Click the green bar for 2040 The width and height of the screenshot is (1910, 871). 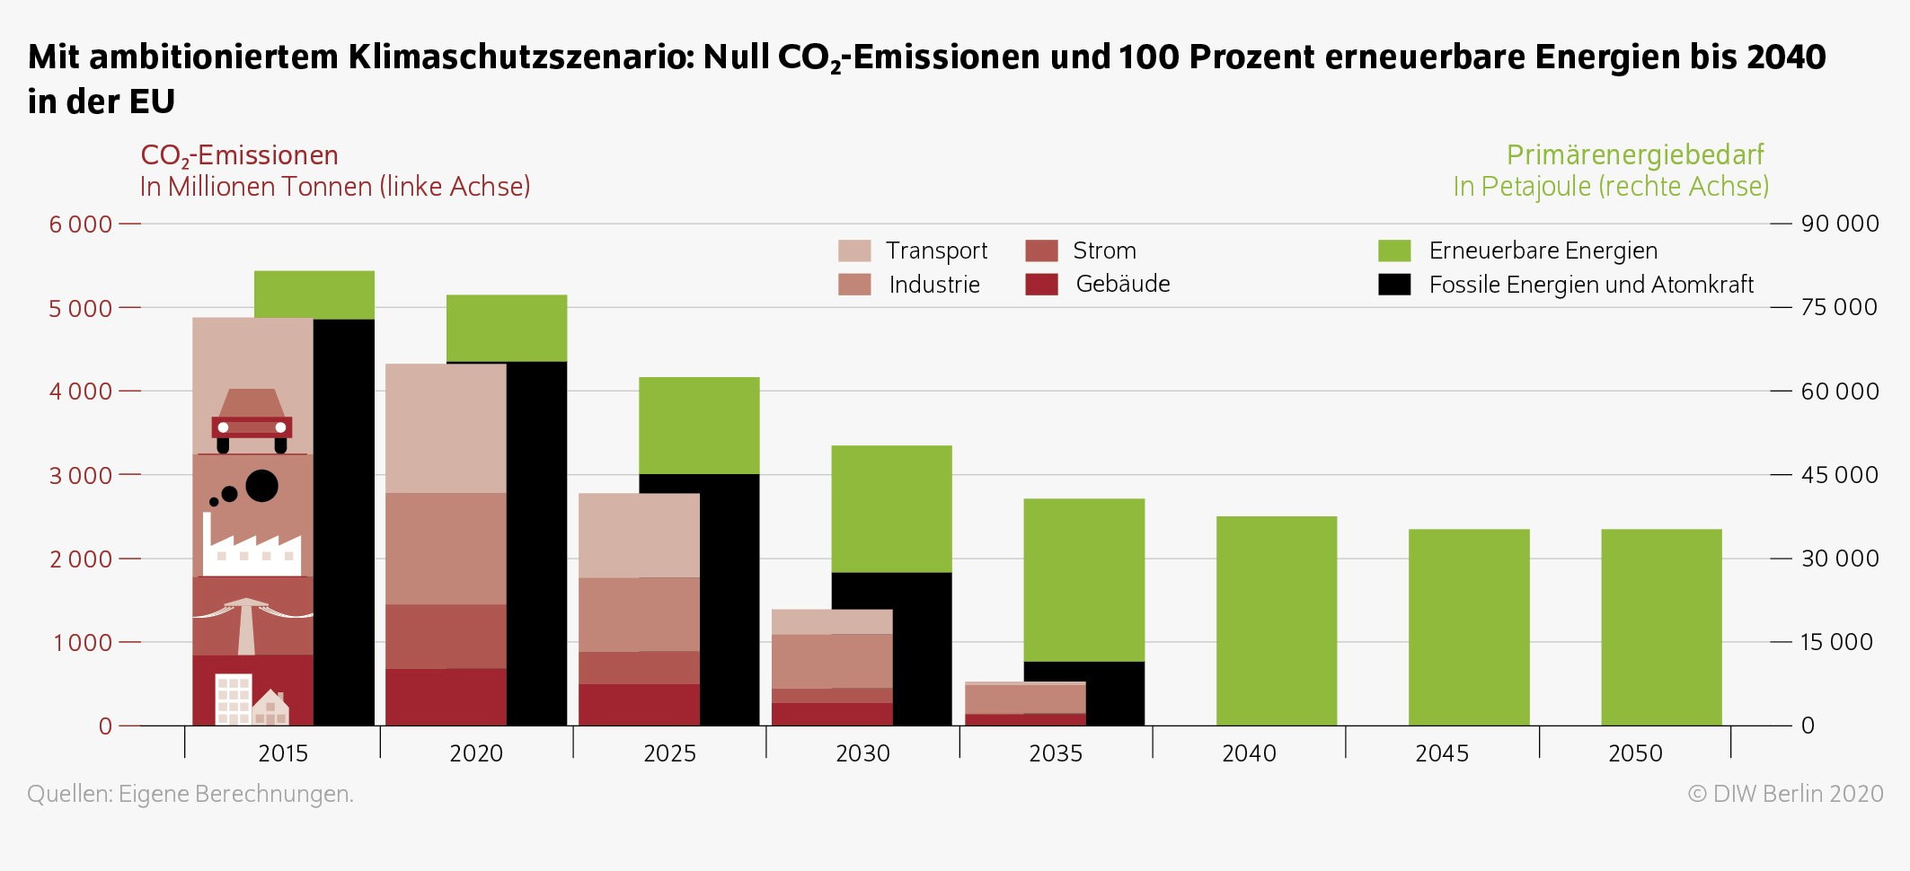(1277, 620)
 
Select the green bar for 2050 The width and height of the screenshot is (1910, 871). (1661, 628)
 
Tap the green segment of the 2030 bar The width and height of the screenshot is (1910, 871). (891, 509)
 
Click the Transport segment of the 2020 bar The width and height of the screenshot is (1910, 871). (446, 428)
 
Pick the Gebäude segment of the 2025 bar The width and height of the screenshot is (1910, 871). (639, 705)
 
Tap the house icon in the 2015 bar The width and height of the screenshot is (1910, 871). (270, 708)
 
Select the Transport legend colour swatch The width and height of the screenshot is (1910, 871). (854, 251)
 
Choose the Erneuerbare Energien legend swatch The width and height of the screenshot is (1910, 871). (1394, 251)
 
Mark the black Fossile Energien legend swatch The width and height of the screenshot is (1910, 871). (1394, 285)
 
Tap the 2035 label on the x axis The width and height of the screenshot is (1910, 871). (1056, 753)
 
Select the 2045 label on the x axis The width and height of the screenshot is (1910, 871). (1442, 753)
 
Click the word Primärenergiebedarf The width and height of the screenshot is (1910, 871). (1635, 155)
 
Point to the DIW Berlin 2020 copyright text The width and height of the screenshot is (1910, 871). (1786, 794)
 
